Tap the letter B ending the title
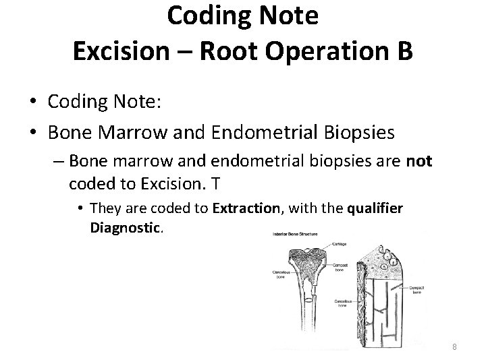tap(403, 53)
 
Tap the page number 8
tap(455, 347)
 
